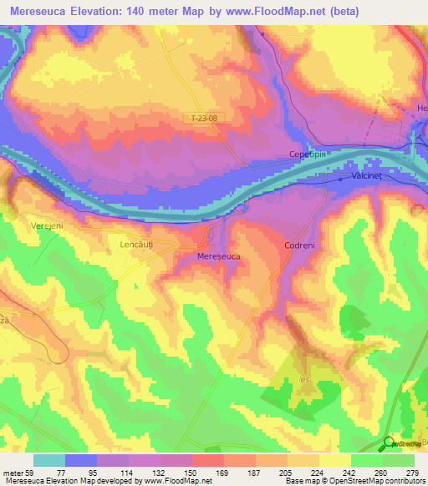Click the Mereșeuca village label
point(218,257)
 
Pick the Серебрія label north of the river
point(301,154)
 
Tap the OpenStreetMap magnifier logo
point(389,443)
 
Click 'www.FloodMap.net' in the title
point(289,11)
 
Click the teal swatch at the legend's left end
point(48,460)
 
